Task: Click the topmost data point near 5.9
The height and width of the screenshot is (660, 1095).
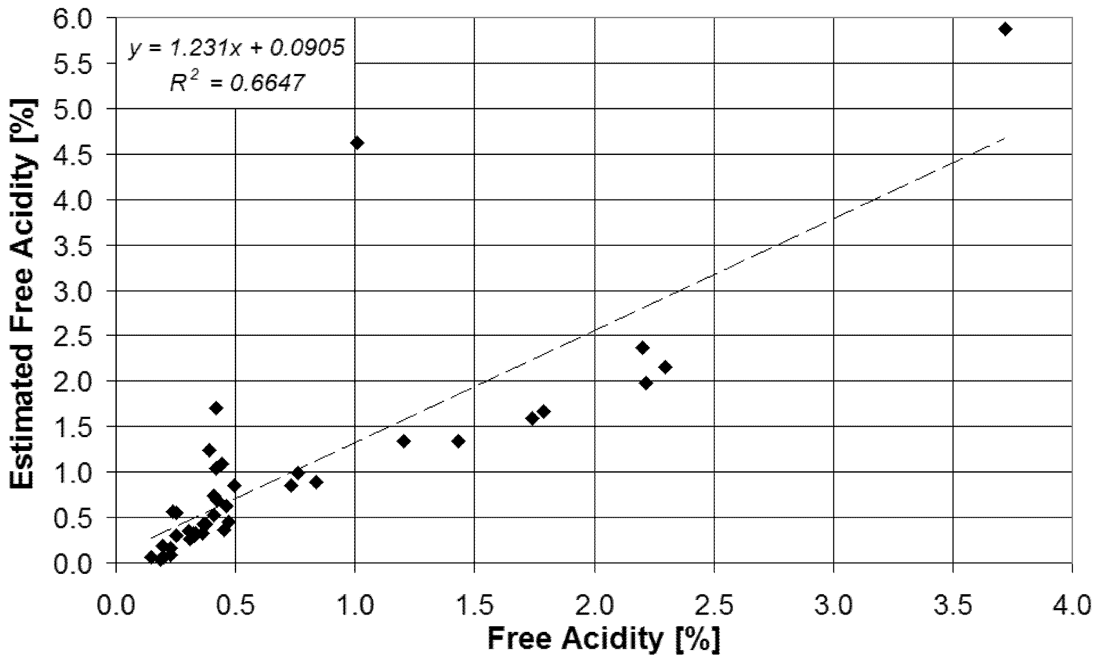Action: [x=1005, y=29]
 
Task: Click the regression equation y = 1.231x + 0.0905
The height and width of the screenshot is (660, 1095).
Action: [x=237, y=48]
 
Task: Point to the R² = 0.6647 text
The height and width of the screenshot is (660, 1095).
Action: [x=237, y=83]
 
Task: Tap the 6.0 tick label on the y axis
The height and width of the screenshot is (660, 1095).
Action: [x=78, y=19]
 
